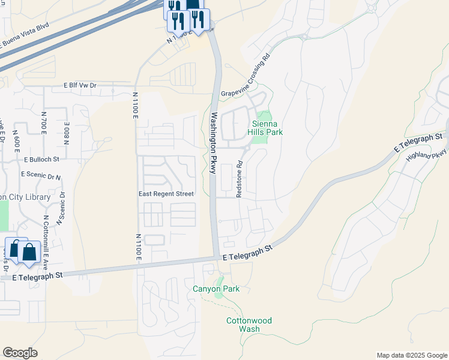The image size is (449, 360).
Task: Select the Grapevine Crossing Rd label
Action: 246,76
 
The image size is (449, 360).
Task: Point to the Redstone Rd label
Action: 239,179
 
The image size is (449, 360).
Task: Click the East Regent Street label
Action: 166,194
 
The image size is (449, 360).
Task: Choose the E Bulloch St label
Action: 42,160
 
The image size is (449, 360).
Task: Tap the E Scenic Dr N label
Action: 41,175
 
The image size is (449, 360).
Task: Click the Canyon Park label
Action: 216,289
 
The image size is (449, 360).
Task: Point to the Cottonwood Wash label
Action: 249,325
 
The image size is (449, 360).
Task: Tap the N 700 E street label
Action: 44,123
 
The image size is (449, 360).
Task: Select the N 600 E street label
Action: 17,144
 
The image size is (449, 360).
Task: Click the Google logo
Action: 20,353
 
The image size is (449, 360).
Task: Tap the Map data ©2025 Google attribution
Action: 411,355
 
